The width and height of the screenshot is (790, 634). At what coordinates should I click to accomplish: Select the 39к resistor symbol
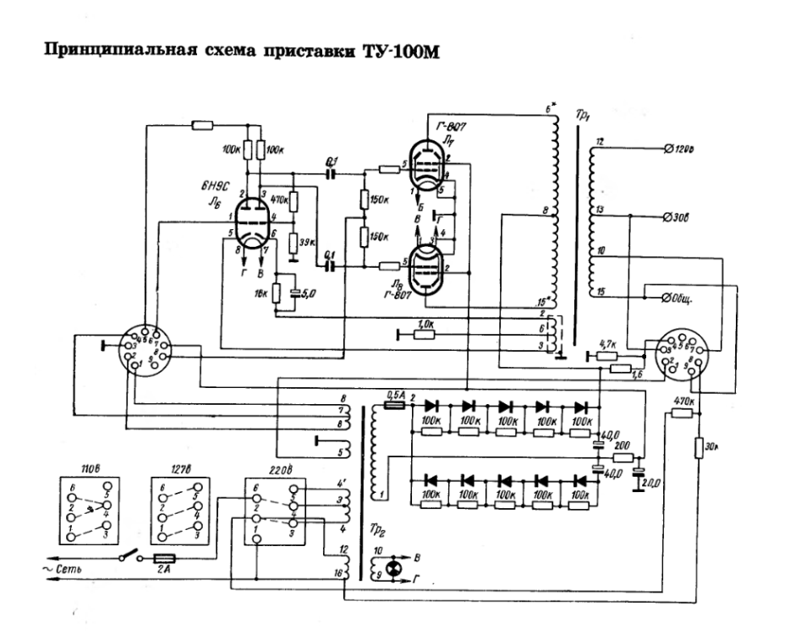tap(291, 243)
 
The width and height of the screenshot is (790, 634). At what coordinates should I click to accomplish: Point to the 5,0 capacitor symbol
tap(295, 295)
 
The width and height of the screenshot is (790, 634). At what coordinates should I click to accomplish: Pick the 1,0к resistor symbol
tap(425, 334)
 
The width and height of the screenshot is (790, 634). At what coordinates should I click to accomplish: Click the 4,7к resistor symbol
tap(606, 357)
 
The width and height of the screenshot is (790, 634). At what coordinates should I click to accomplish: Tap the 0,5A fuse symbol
tap(394, 406)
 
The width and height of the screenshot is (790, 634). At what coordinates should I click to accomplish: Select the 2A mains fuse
tap(166, 559)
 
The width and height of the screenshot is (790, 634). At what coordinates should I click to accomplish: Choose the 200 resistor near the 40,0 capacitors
tap(623, 456)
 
